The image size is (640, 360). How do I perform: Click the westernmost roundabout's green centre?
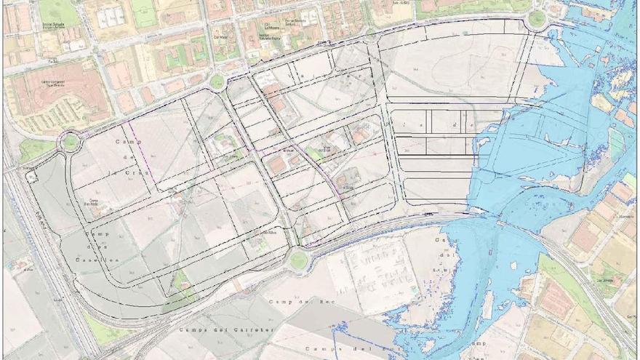coord(70,141)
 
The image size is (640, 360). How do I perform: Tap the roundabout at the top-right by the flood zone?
coord(536,19)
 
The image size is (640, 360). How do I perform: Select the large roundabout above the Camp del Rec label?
coord(298,259)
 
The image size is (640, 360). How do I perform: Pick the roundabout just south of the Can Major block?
coord(217,81)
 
